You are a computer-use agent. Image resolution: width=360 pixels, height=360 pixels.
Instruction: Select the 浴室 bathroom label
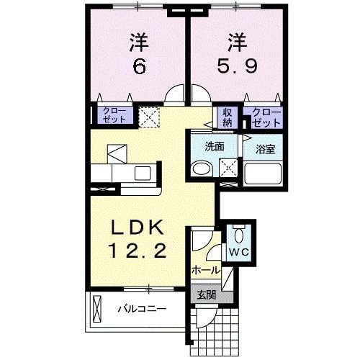pyautogui.click(x=266, y=149)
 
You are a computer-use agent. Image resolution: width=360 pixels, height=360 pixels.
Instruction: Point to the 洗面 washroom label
pyautogui.click(x=215, y=146)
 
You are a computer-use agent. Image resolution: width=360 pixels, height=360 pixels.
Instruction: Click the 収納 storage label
pyautogui.click(x=228, y=116)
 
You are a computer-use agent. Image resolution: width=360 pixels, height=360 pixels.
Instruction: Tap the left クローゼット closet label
pyautogui.click(x=113, y=115)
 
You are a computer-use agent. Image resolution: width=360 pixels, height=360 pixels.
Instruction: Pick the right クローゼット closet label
pyautogui.click(x=265, y=116)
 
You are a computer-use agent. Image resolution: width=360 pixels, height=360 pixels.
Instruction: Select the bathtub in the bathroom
pyautogui.click(x=264, y=174)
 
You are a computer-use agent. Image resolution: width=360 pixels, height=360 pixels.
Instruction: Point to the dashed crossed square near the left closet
pyautogui.click(x=149, y=116)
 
